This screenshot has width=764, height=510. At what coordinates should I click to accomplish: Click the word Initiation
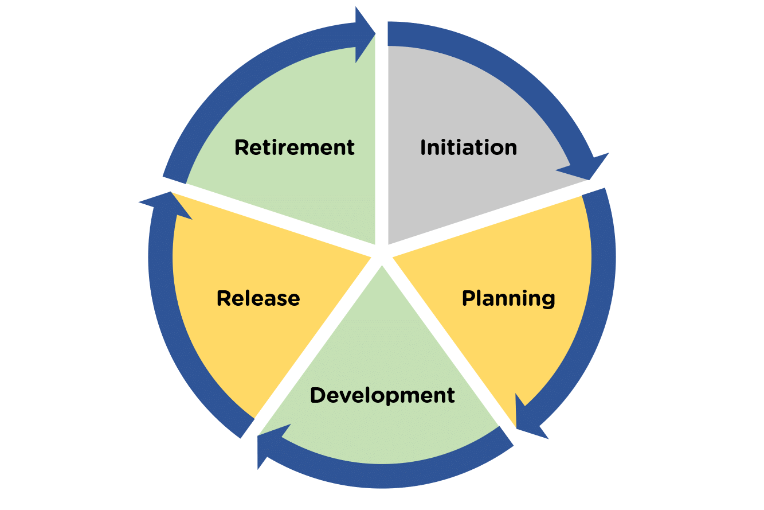(468, 148)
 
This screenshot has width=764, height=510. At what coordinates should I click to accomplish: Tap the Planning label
(508, 299)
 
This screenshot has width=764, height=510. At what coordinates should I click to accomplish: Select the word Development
(382, 395)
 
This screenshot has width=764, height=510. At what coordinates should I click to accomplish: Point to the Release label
(258, 299)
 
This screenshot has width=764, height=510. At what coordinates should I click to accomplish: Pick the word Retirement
(295, 148)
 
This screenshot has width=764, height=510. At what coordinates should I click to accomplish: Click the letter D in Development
(317, 395)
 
